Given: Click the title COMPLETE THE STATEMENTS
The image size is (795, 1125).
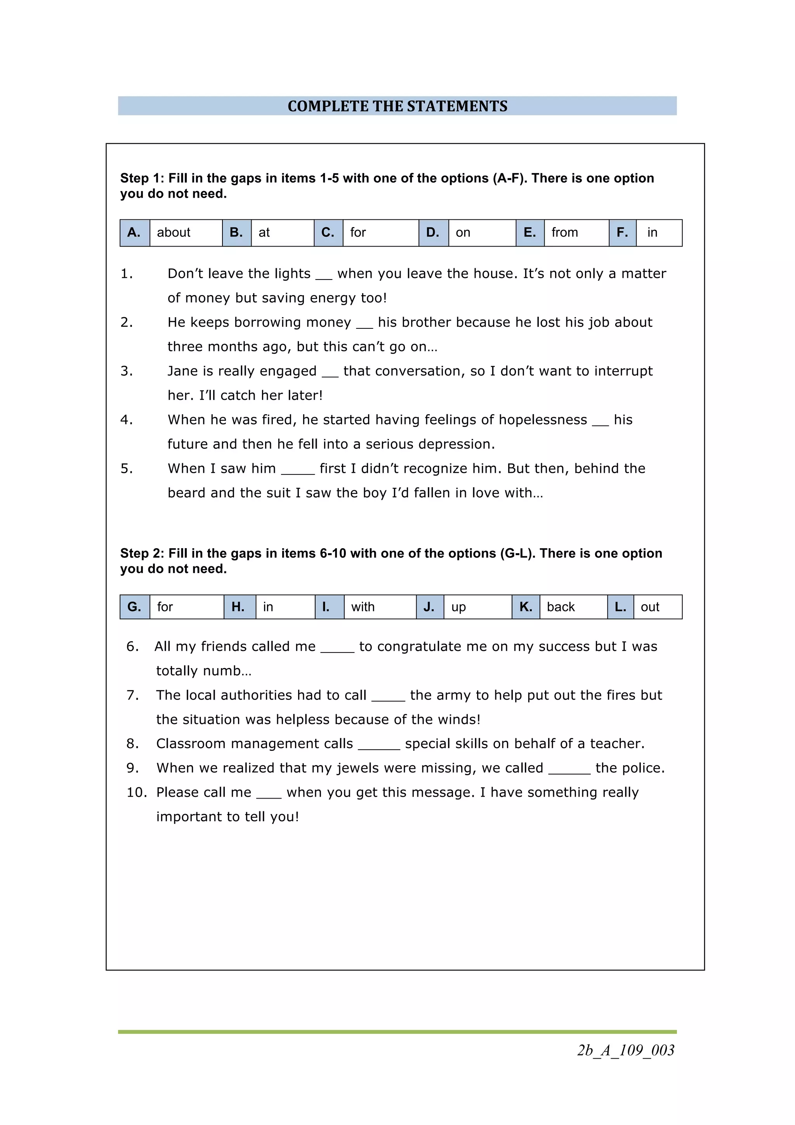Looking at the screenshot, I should click(x=397, y=106).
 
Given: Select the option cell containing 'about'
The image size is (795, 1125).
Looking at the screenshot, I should click(x=185, y=233).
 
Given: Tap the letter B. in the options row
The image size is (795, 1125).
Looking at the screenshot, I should click(x=236, y=233).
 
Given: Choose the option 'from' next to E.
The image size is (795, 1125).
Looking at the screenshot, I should click(x=576, y=233).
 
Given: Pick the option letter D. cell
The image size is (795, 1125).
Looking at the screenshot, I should click(x=433, y=233).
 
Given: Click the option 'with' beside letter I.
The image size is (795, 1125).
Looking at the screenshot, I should click(x=379, y=607).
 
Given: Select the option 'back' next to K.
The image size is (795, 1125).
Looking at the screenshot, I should click(x=573, y=607).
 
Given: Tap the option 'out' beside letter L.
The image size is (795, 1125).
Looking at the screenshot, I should click(x=657, y=607).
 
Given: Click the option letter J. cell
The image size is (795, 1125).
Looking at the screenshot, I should click(x=430, y=607).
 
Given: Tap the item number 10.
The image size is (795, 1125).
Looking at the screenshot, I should click(x=136, y=792).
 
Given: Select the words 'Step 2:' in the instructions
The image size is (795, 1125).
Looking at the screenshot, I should click(x=142, y=553).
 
